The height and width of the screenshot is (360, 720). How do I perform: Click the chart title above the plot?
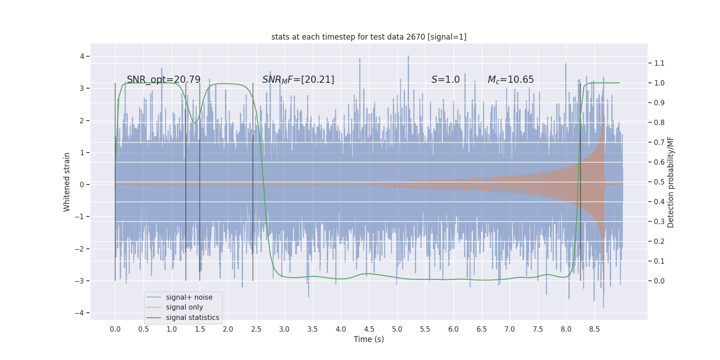pos(369,37)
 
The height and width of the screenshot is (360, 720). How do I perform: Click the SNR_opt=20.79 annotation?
pos(163,80)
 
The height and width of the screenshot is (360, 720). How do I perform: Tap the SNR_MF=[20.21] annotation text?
pos(298,80)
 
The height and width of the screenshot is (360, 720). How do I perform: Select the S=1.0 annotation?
pos(445,80)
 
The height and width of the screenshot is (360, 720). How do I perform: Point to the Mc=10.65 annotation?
pos(511,80)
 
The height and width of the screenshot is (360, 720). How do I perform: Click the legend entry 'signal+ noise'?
pos(189,297)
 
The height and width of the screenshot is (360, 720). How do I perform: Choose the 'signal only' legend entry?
pos(184,307)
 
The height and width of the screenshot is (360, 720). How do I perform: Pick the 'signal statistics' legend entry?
pos(192,318)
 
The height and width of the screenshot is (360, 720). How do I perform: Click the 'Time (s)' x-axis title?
pos(369,339)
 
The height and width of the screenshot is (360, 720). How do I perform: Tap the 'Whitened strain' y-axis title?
pos(67,182)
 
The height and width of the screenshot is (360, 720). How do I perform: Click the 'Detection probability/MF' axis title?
pos(670,182)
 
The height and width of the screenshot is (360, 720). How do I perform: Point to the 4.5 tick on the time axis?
pos(369,329)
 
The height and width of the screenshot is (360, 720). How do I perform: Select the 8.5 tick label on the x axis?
pos(594,329)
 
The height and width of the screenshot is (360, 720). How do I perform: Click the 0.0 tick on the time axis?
pos(115,329)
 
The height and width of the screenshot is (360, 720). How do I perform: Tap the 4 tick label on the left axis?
pos(82,56)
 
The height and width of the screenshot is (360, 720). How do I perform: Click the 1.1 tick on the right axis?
pos(659,63)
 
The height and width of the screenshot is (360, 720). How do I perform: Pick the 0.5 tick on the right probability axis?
pos(659,182)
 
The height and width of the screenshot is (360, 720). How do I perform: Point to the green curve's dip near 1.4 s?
pos(196,123)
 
